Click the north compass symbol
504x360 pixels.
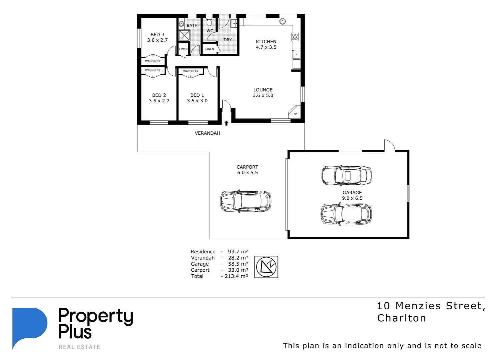click(x=266, y=267)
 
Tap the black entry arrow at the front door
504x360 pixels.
click(x=226, y=123)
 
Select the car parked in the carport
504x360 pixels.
click(x=246, y=201)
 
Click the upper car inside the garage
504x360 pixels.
click(x=346, y=175)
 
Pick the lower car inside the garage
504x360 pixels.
click(x=346, y=214)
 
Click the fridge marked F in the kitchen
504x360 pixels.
click(x=296, y=54)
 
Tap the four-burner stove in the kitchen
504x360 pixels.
click(x=295, y=37)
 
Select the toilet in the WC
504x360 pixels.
click(x=209, y=23)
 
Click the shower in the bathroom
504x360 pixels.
click(x=184, y=35)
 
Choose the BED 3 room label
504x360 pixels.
click(x=157, y=35)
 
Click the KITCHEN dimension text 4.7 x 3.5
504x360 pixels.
click(x=266, y=47)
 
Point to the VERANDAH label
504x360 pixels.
click(x=207, y=133)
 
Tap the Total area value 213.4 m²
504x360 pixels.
click(x=236, y=276)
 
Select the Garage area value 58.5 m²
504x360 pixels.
click(x=238, y=264)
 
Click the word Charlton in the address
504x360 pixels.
click(x=401, y=318)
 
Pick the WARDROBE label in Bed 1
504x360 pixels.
click(x=191, y=71)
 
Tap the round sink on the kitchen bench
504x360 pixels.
click(x=282, y=21)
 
